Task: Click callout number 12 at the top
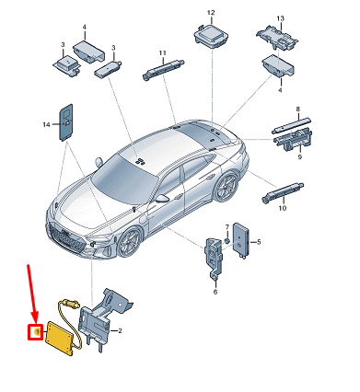pyautogui.click(x=210, y=13)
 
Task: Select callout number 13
pyautogui.click(x=281, y=18)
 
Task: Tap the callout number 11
pyautogui.click(x=161, y=52)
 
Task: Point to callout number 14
pyautogui.click(x=45, y=123)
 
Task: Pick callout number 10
pyautogui.click(x=283, y=209)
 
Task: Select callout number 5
pyautogui.click(x=259, y=242)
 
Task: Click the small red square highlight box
pyautogui.click(x=36, y=331)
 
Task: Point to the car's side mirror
pyautogui.click(x=163, y=198)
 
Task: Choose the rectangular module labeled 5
pyautogui.click(x=244, y=242)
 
